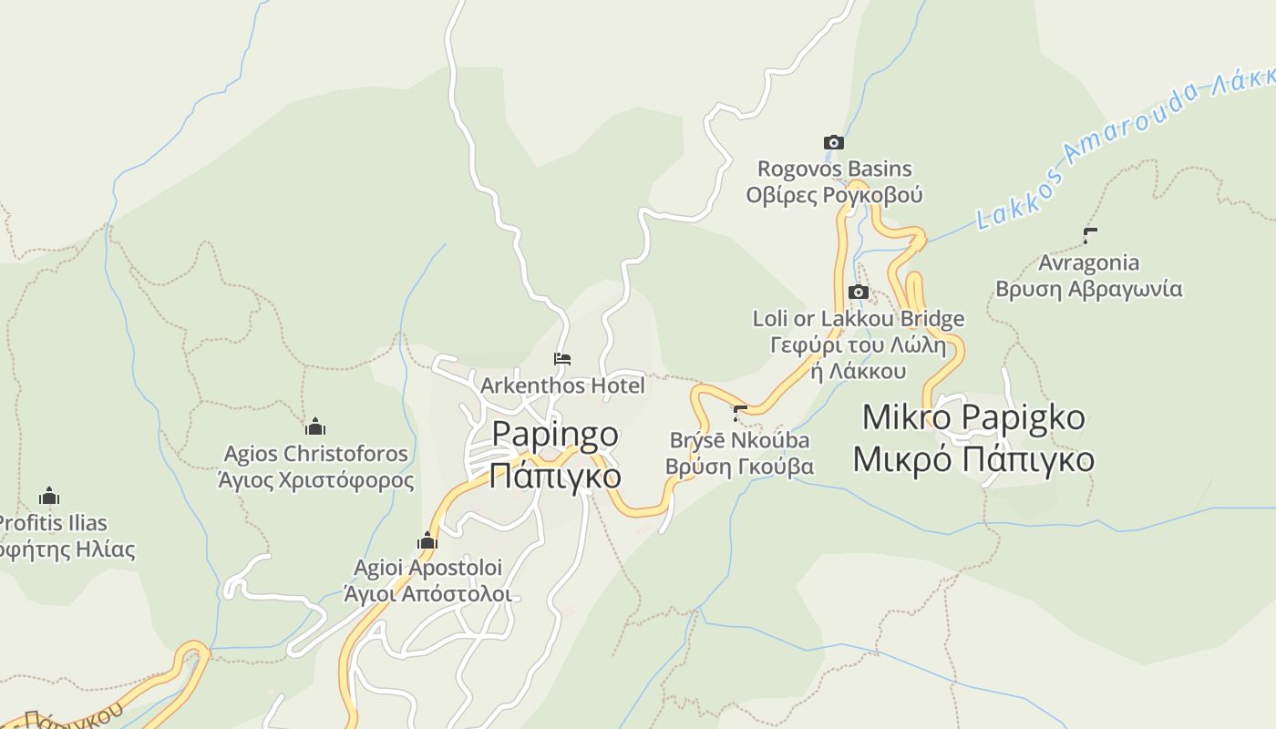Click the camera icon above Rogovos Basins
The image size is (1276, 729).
[833, 142]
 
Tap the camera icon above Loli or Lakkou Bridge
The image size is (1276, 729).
[858, 292]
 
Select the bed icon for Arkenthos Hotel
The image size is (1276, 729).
[562, 359]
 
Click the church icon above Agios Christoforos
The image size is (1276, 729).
[315, 426]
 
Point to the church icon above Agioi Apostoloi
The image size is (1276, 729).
[427, 541]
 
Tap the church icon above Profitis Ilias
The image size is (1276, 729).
[49, 496]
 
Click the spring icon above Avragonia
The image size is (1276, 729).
[1089, 236]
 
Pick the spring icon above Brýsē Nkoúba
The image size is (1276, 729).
[739, 413]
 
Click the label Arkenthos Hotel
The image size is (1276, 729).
[562, 385]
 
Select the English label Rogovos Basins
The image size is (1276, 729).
[834, 169]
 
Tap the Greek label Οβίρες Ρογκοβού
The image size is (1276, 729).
[834, 195]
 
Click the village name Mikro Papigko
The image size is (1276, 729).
[973, 417]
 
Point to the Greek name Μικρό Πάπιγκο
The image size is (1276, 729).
[973, 459]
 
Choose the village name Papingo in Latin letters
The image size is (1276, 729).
[555, 434]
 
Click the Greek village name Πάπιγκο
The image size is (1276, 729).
[555, 475]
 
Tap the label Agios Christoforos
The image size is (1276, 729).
[315, 453]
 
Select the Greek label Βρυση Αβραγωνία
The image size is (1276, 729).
[1088, 289]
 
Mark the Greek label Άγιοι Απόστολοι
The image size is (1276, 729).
[427, 594]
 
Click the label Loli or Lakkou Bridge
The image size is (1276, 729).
[858, 319]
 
